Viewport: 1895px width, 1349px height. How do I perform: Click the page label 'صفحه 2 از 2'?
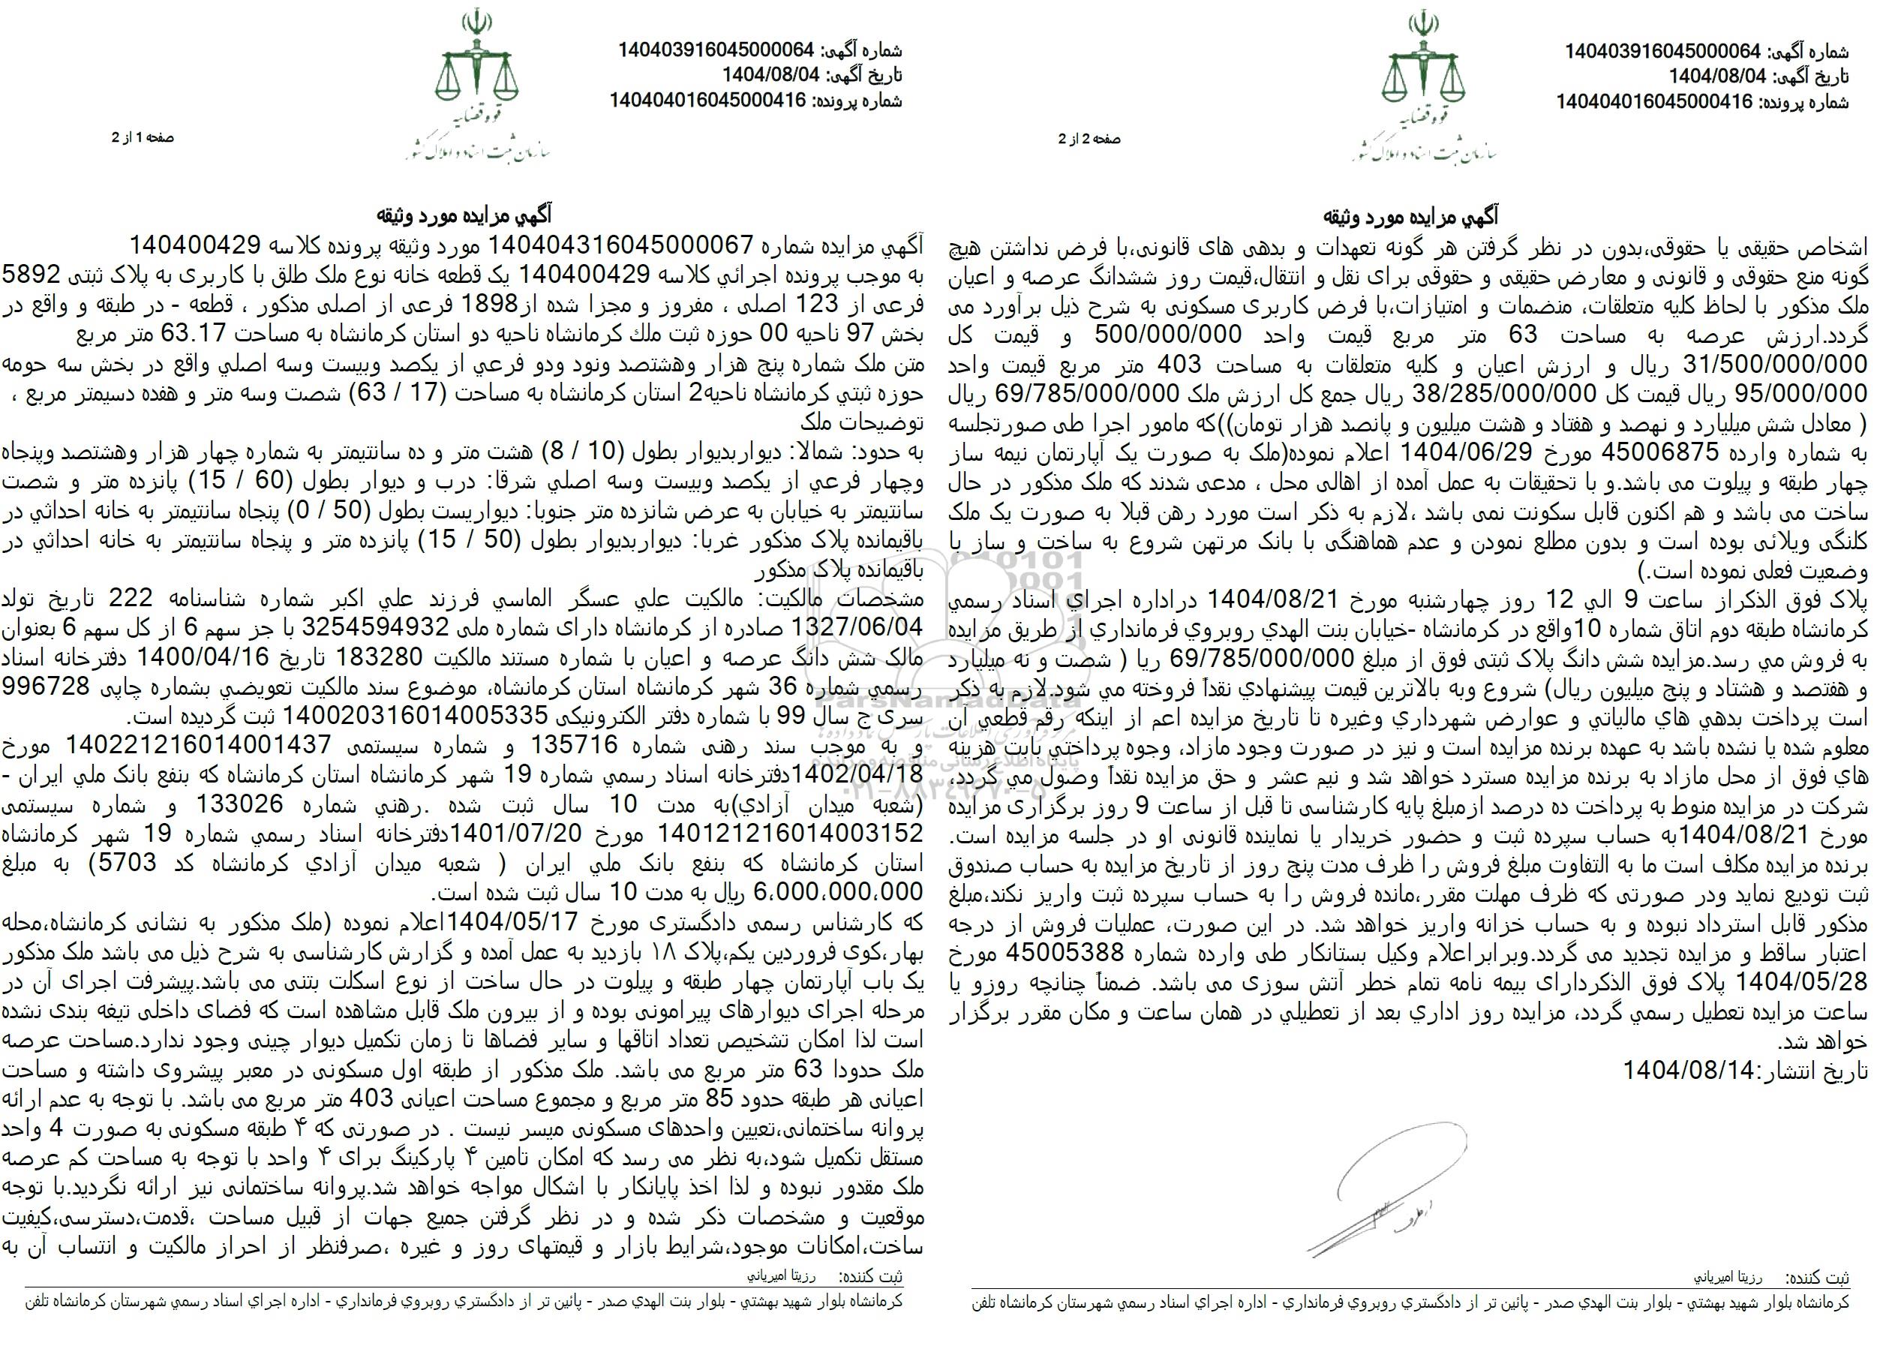(x=1089, y=140)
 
